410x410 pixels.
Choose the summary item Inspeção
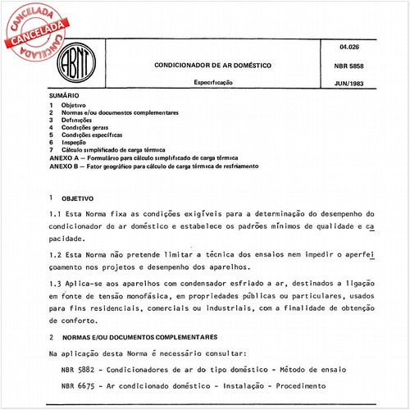(x=77, y=143)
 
